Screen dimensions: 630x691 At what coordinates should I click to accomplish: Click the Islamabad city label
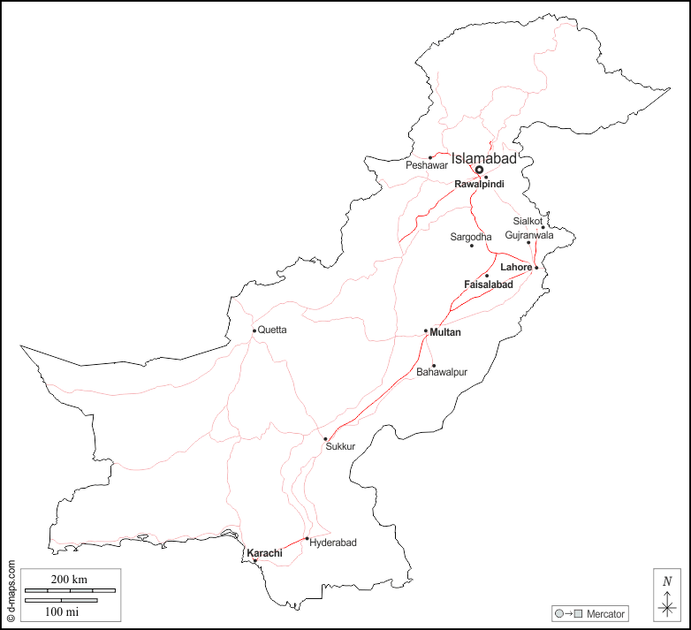(483, 158)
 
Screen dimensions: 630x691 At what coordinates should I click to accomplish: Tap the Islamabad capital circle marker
(479, 169)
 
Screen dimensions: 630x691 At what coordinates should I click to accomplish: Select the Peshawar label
(428, 165)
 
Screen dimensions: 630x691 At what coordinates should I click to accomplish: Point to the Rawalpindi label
(479, 184)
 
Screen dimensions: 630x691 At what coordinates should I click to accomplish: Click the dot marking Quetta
(254, 330)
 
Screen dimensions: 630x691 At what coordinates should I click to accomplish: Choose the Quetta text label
(272, 330)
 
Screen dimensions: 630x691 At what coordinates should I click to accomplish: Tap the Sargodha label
(471, 237)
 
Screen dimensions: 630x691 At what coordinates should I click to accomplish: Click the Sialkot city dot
(543, 227)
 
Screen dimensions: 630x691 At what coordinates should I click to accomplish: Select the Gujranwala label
(529, 235)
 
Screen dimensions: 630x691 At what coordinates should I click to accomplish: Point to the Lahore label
(516, 267)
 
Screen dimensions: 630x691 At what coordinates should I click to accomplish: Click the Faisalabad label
(489, 285)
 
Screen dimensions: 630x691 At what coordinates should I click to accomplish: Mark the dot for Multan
(426, 331)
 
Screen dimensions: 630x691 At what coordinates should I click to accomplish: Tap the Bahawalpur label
(442, 372)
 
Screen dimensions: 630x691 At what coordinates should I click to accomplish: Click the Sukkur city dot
(325, 438)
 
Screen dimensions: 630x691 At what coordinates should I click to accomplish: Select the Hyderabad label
(333, 543)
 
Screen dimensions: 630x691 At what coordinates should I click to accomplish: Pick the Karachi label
(264, 553)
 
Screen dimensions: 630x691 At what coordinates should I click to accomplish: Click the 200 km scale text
(68, 579)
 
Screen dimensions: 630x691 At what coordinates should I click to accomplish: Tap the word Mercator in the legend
(605, 613)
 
